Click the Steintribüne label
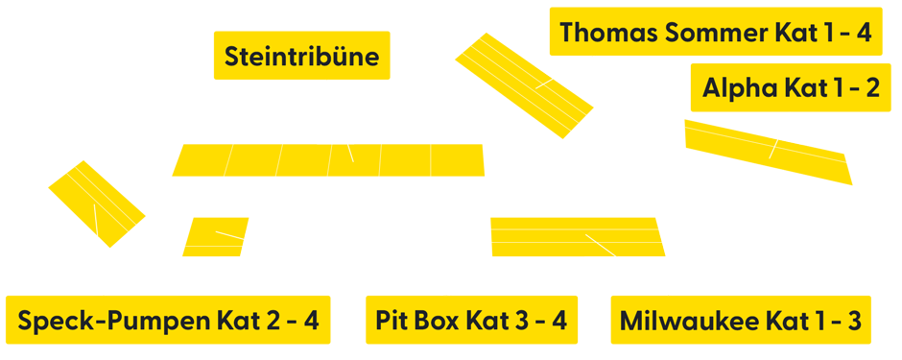[301, 57]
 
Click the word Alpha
[740, 89]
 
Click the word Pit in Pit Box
[393, 321]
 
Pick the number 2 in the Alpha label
[870, 89]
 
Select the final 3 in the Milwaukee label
[854, 321]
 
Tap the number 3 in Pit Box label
[522, 321]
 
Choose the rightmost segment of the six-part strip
[457, 160]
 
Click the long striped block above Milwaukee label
[577, 237]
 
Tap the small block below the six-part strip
[213, 237]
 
